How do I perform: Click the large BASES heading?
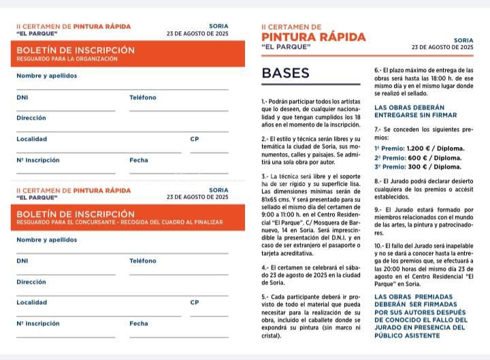click(285, 73)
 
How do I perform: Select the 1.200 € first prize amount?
click(423, 148)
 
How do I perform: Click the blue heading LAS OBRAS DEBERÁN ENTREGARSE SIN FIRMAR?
click(409, 112)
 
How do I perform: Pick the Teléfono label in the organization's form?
click(143, 97)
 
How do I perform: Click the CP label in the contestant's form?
click(195, 302)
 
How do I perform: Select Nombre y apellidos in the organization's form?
click(47, 76)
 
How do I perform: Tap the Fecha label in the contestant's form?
click(139, 323)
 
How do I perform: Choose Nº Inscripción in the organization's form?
click(38, 160)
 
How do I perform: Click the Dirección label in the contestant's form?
click(31, 281)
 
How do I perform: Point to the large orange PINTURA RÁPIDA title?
click(314, 37)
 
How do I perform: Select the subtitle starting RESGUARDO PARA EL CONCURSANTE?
click(120, 223)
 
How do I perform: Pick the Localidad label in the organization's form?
click(32, 139)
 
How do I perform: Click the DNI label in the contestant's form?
click(22, 261)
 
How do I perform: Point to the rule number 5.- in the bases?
click(265, 297)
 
